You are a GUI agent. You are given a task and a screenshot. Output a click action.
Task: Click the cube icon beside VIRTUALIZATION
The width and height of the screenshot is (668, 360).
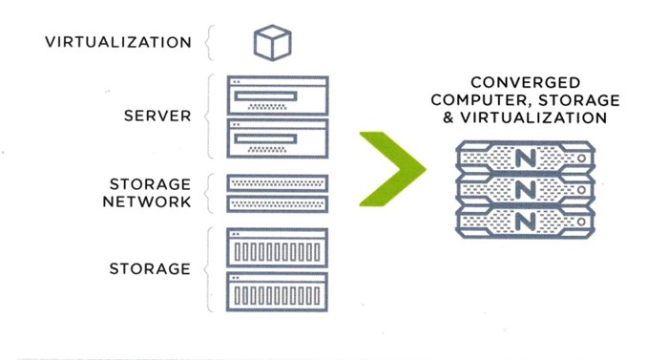tap(273, 43)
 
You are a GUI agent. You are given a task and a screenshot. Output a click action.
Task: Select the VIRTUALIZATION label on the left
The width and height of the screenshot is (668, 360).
tap(118, 42)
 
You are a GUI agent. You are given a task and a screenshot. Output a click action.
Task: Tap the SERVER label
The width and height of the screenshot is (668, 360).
tap(157, 116)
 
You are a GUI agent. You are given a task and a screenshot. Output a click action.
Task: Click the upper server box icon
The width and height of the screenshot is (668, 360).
tap(278, 95)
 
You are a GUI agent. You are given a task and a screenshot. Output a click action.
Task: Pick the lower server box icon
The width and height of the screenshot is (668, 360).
tap(278, 138)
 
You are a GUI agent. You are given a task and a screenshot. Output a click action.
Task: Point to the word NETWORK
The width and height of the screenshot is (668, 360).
tap(147, 201)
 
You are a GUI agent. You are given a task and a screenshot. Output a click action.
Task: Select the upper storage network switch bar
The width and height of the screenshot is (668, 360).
tap(278, 183)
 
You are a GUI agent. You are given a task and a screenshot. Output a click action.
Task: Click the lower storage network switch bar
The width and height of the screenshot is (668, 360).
tap(278, 204)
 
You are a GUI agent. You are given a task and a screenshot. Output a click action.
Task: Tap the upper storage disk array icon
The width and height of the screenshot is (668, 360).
tap(278, 248)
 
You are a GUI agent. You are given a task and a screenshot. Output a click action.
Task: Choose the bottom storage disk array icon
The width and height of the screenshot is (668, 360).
tap(278, 292)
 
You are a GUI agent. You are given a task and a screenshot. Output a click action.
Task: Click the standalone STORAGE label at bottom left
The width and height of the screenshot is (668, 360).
tap(150, 269)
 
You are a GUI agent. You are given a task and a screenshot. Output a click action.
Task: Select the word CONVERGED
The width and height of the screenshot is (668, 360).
tap(525, 82)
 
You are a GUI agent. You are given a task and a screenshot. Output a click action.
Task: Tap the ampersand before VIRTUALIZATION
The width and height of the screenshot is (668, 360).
tap(449, 117)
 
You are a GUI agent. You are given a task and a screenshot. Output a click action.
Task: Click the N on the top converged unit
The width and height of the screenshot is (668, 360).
tap(525, 159)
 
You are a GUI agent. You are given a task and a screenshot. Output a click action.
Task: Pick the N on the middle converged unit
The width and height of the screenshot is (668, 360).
tap(525, 190)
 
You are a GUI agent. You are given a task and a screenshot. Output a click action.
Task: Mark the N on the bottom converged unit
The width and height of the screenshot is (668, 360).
tap(525, 222)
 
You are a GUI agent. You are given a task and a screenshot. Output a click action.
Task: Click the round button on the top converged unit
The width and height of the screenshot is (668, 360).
tap(581, 159)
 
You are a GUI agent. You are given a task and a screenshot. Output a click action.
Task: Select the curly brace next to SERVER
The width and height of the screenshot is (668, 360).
tap(209, 116)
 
